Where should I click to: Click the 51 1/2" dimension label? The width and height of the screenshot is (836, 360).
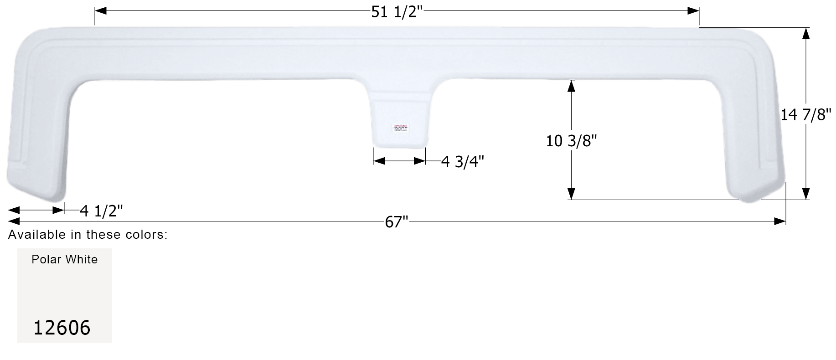(397, 12)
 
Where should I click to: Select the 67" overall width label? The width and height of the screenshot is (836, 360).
(396, 222)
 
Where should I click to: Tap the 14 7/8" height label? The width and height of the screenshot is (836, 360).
(806, 115)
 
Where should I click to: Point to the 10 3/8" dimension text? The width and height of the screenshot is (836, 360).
(571, 141)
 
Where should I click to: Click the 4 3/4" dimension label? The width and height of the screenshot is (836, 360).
(462, 161)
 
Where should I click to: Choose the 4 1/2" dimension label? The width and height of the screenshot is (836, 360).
(101, 211)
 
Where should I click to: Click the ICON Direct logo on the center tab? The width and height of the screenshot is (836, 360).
(401, 129)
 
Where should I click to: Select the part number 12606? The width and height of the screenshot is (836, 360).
(62, 328)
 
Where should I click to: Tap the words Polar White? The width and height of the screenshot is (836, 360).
(65, 259)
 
